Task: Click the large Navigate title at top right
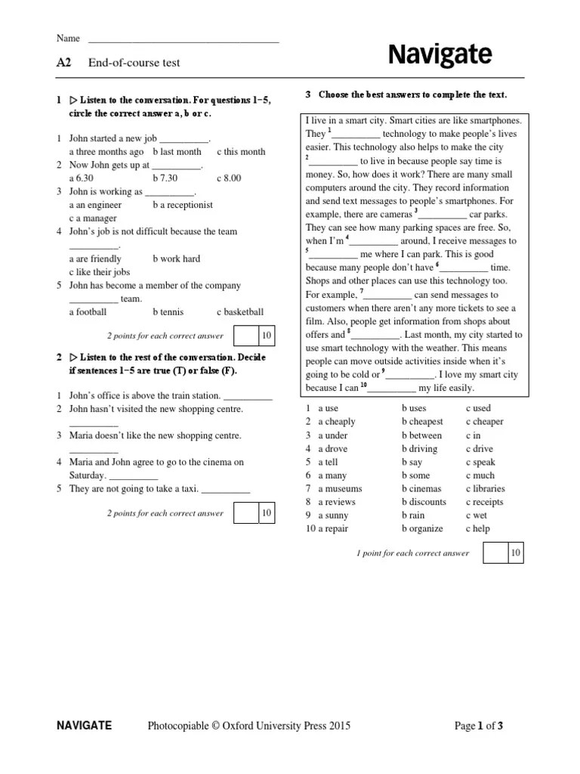(x=440, y=55)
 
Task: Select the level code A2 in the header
(x=63, y=63)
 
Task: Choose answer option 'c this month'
(x=241, y=152)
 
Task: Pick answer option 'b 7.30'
(x=165, y=178)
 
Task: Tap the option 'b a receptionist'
(x=183, y=205)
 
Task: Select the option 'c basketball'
(x=240, y=311)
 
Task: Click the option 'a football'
(x=88, y=311)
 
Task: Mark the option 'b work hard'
(x=176, y=259)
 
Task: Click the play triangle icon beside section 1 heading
(x=74, y=100)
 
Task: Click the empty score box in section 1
(x=245, y=336)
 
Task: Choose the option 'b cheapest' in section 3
(x=422, y=422)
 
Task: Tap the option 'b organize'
(x=422, y=529)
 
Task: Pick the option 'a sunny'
(x=333, y=515)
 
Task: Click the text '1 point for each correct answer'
(x=412, y=553)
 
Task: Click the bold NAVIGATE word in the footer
(x=85, y=726)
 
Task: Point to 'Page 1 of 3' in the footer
(x=478, y=726)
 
